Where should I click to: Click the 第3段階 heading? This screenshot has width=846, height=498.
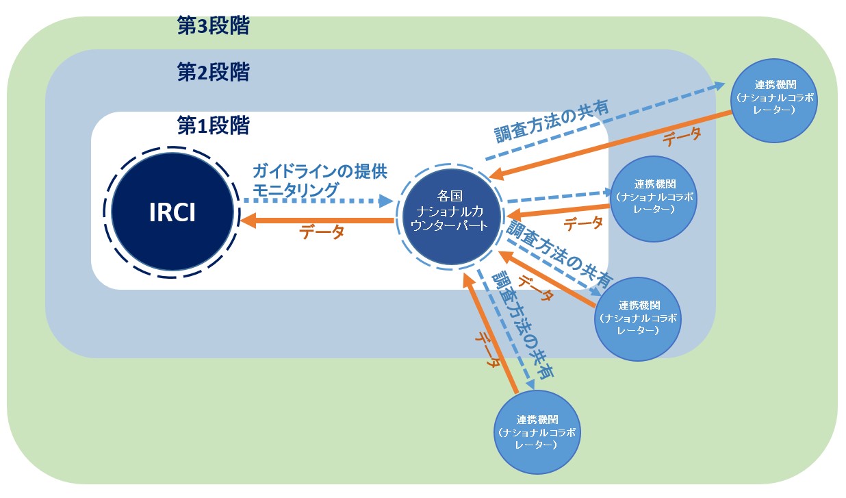tap(214, 26)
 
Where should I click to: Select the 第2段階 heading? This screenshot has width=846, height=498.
tap(214, 72)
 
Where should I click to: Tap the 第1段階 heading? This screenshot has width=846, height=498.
tap(214, 125)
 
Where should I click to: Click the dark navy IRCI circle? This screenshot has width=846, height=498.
tap(172, 212)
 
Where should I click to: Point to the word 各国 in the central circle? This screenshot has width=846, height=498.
tap(450, 196)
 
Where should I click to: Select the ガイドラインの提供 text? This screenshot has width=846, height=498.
tap(320, 171)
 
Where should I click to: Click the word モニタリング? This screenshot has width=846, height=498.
tap(295, 190)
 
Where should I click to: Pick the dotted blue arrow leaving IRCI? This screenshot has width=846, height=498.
tap(318, 201)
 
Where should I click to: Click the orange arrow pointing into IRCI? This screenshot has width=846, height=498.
tap(317, 221)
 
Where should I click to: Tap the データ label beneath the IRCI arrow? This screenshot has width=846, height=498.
tap(322, 232)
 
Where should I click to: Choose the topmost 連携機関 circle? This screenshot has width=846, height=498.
tap(774, 101)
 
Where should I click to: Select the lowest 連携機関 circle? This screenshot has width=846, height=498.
tap(537, 432)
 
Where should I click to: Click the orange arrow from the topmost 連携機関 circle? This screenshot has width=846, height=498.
tap(611, 144)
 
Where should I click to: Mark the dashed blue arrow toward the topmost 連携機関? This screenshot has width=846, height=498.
tap(604, 121)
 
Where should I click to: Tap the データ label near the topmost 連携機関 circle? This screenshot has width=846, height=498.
tap(682, 136)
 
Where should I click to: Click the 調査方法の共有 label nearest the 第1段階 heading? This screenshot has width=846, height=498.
tap(552, 121)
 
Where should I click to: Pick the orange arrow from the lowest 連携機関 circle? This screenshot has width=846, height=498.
tap(490, 333)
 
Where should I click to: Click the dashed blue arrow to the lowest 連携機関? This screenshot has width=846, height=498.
tap(505, 329)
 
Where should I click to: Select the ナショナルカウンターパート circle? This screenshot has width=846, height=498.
tap(451, 216)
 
